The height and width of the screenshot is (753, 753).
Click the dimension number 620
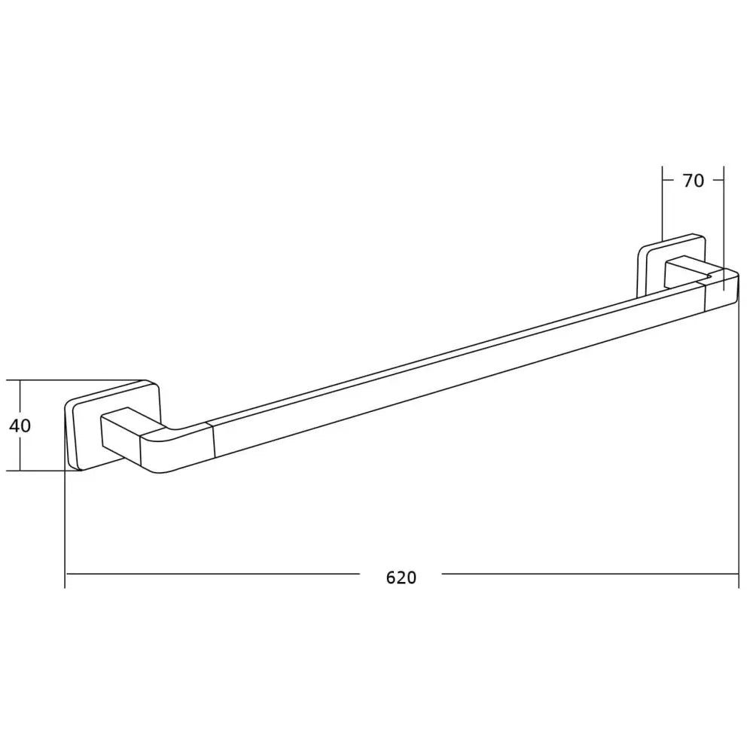(x=401, y=578)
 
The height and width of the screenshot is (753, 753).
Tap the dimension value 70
(x=693, y=181)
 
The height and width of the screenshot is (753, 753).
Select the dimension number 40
(x=20, y=425)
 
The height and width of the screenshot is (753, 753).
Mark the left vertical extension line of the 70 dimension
(x=662, y=203)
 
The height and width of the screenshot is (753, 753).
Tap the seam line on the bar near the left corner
(x=214, y=440)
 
